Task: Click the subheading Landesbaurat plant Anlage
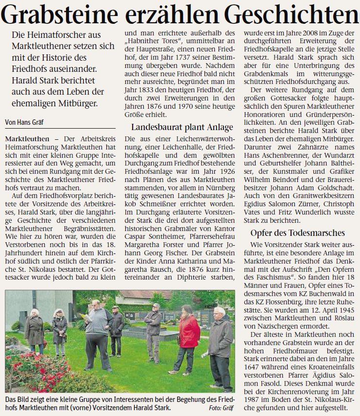click(x=182, y=128)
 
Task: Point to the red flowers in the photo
click(x=34, y=369)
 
